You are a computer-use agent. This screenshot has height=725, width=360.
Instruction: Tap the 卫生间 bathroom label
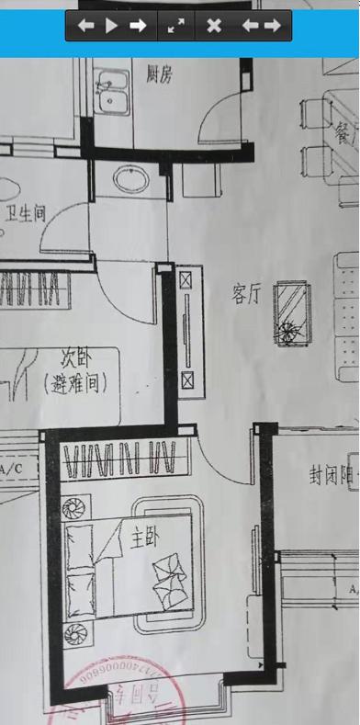pos(27,213)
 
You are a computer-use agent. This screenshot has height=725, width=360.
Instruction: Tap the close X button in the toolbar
pos(214,26)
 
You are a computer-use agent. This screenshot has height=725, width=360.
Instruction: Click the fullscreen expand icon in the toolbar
pos(175,26)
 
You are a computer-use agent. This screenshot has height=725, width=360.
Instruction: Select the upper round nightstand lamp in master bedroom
pos(74,507)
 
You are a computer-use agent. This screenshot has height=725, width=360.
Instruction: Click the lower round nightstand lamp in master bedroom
pos(74,632)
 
